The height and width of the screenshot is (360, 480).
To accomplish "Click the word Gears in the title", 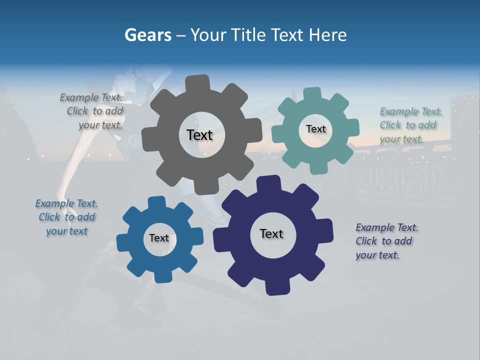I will pos(147,35).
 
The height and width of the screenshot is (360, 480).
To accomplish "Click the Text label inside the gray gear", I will pos(200,135).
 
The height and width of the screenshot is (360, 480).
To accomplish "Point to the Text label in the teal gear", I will pos(316,129).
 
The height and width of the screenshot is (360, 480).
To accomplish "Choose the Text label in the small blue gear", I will pos(159,238).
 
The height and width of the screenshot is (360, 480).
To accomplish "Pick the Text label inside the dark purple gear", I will pos(271,233).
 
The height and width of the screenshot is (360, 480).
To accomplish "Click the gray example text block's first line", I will pos(91,97).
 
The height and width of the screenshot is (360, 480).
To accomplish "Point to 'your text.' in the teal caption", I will pos(401,139).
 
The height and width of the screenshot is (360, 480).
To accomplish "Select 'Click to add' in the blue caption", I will pos(67,217).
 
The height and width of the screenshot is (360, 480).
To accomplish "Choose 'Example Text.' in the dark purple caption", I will pos(387,227).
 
